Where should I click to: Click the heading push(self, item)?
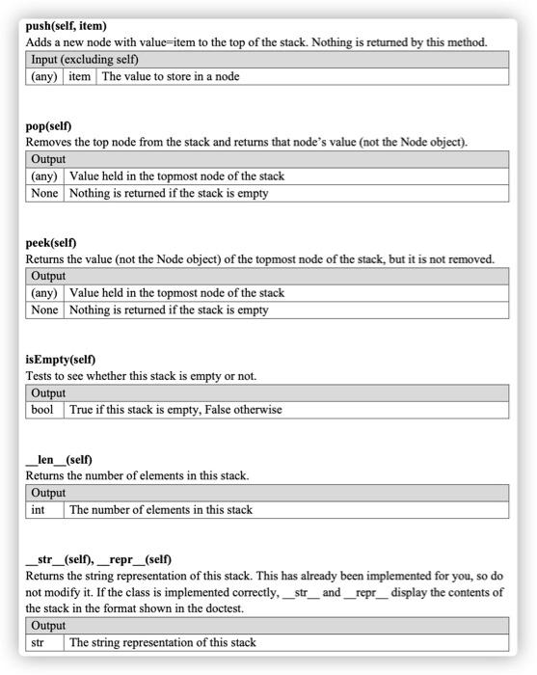click(x=67, y=26)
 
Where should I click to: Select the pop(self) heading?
click(x=49, y=126)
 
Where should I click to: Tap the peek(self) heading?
click(x=51, y=242)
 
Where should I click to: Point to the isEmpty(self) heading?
click(x=61, y=359)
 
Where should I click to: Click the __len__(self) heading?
click(x=59, y=459)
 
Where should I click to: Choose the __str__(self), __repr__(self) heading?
click(x=98, y=559)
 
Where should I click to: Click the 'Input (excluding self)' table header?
click(x=86, y=60)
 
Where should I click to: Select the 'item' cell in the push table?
click(x=79, y=76)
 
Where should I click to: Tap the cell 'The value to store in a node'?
click(x=171, y=76)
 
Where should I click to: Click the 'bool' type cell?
click(x=42, y=410)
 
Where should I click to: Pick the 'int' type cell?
click(x=39, y=509)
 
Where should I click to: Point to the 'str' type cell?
click(x=38, y=642)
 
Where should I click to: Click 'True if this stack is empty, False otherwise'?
click(x=175, y=410)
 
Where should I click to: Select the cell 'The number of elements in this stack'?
click(x=161, y=509)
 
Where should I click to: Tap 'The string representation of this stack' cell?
click(x=163, y=642)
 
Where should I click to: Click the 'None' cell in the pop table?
click(x=44, y=193)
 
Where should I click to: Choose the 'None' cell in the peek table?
click(x=44, y=310)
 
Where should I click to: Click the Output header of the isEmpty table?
click(x=48, y=393)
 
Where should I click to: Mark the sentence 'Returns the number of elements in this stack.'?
click(x=138, y=475)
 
